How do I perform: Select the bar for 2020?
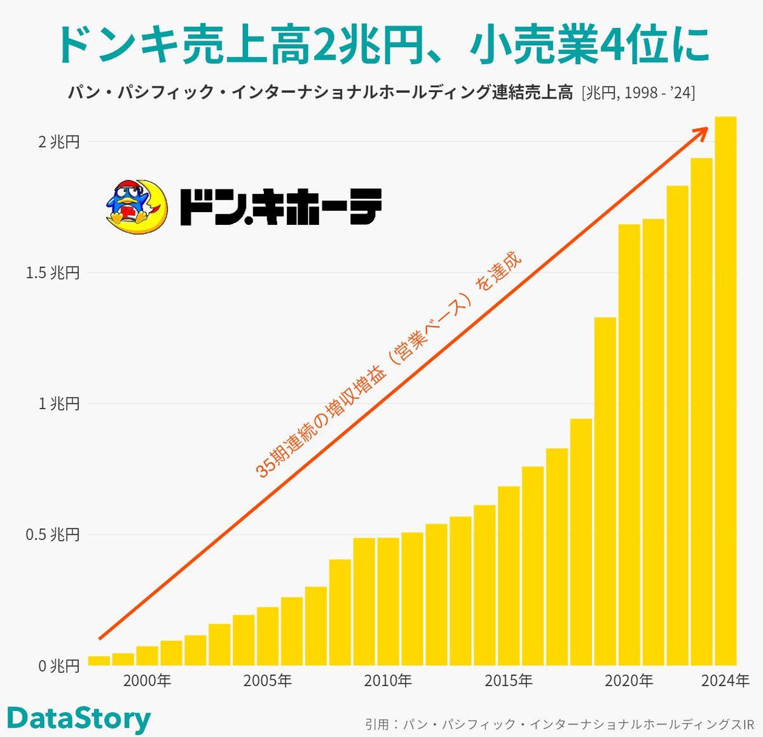point(629,445)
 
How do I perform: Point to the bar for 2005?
point(268,636)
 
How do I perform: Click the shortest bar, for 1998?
point(99,661)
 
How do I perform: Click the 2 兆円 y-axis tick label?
point(58,142)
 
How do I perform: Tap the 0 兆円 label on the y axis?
point(58,666)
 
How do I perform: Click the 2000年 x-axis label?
point(147,681)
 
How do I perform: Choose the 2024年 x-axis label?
point(725,681)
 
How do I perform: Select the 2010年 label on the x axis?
point(388,681)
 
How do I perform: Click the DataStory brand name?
point(79,719)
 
